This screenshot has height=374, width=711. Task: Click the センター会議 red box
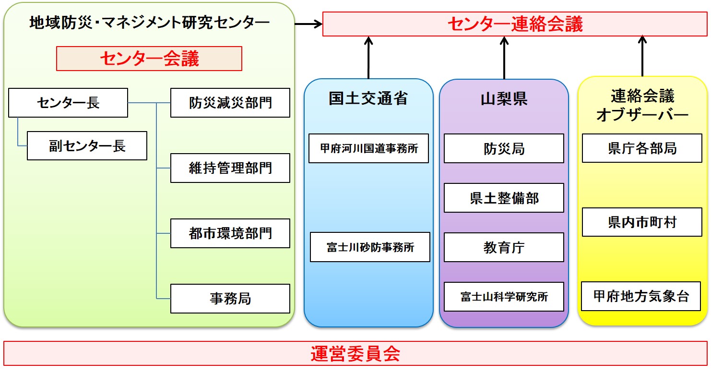tap(149, 59)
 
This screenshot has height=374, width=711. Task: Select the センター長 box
tap(68, 103)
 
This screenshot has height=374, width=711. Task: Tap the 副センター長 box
tap(87, 146)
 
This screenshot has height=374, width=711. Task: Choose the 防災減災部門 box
tap(230, 103)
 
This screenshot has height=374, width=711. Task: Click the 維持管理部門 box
tap(230, 168)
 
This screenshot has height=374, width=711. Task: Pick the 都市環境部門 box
tap(230, 233)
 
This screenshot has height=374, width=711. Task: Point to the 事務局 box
tap(230, 299)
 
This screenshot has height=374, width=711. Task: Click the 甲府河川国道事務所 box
tap(369, 148)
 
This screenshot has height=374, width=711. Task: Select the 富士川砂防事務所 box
tap(370, 247)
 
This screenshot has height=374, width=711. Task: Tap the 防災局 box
tap(504, 148)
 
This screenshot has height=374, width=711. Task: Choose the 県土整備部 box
tap(504, 198)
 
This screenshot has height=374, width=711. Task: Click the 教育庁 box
tap(504, 247)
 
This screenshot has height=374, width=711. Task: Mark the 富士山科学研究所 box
tap(504, 297)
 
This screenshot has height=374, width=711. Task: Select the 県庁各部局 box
tap(642, 148)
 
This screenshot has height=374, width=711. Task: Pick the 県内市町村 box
tap(642, 222)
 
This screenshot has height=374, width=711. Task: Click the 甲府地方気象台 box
tap(641, 296)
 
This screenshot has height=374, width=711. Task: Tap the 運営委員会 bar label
tap(355, 354)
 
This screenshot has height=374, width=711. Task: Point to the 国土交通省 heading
tap(368, 98)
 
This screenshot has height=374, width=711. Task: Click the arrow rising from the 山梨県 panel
tap(504, 58)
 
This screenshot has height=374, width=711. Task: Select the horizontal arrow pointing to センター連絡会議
tap(308, 24)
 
